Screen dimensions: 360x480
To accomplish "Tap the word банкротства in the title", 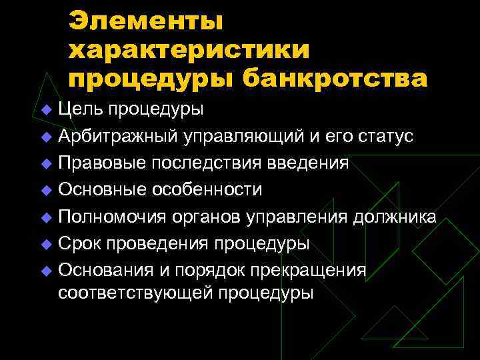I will [335, 79].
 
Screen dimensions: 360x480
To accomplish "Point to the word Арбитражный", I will [117, 136].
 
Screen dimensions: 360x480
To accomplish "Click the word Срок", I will [77, 243].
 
